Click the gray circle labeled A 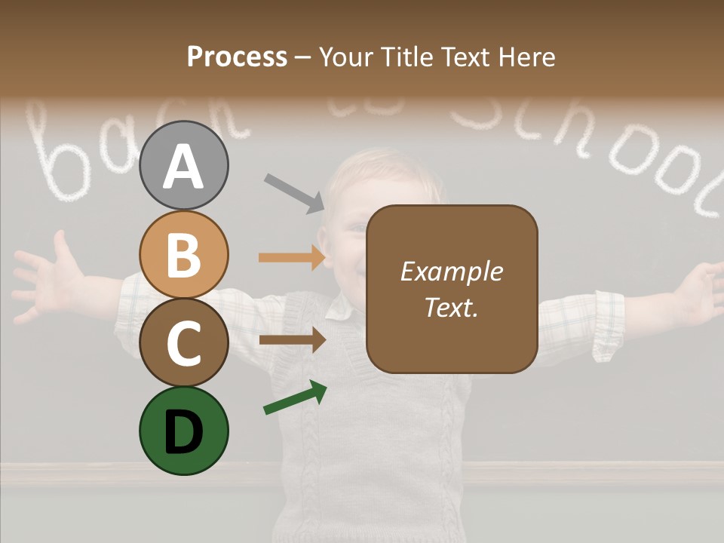[183, 165]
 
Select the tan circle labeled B [183, 254]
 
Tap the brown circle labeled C [183, 342]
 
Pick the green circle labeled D [183, 431]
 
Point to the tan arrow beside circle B [292, 257]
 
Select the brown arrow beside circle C [292, 339]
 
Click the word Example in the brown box [451, 271]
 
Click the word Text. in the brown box [451, 307]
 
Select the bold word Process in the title [237, 57]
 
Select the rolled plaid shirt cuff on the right [607, 324]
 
